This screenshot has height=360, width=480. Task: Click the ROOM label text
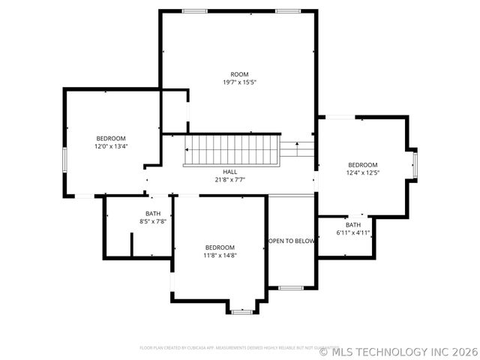point(239,74)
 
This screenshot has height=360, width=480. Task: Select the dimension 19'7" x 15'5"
point(239,82)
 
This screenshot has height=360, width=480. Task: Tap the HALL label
point(230,172)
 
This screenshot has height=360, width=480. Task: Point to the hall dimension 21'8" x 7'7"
point(230,180)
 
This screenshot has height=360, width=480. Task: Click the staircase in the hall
point(232,149)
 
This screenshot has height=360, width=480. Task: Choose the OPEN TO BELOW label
point(292,241)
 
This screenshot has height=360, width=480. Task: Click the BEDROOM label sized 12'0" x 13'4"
point(110,138)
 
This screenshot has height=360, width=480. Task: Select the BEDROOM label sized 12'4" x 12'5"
point(362,165)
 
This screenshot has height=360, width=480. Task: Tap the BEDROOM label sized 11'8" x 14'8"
point(220,247)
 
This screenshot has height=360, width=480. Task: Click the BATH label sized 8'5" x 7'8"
point(153,214)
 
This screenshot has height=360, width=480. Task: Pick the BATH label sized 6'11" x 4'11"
point(352,225)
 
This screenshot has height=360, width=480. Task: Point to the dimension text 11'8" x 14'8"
point(220,256)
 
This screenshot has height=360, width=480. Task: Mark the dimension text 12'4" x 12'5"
point(362,173)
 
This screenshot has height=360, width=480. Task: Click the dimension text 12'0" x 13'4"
point(110,147)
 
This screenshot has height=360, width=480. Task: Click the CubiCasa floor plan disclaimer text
point(229,348)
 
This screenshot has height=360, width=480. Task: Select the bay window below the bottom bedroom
point(241,310)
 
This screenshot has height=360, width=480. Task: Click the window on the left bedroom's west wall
point(64,160)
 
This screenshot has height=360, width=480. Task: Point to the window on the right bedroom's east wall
point(415,164)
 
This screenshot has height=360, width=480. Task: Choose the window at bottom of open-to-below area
point(291,287)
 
